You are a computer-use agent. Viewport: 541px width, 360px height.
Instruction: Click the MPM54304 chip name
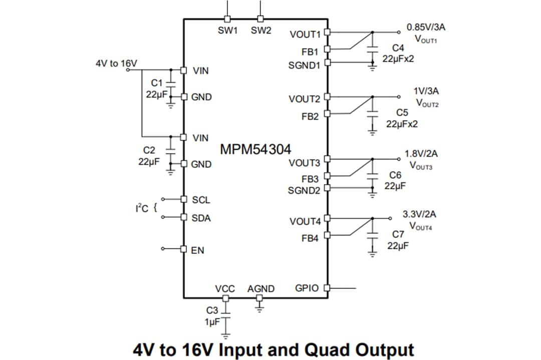click(255, 149)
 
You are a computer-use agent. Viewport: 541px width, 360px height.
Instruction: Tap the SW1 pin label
click(227, 31)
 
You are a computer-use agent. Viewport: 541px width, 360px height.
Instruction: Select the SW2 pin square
click(260, 19)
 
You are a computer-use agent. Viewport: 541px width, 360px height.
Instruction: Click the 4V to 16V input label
click(116, 63)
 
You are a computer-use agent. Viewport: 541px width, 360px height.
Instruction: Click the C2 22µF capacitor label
click(149, 156)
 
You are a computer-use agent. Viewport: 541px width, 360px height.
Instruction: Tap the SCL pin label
click(201, 200)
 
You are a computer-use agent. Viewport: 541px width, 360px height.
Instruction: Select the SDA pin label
click(201, 218)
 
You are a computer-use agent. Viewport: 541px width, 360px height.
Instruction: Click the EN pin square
click(183, 249)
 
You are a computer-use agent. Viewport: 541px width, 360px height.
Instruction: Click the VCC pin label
click(225, 289)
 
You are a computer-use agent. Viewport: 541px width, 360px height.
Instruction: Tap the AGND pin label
click(260, 289)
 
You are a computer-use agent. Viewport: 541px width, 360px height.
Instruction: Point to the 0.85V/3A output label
click(426, 27)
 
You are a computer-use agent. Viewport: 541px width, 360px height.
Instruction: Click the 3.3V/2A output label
click(419, 214)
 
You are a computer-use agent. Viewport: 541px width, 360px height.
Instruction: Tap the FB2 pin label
click(310, 116)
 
